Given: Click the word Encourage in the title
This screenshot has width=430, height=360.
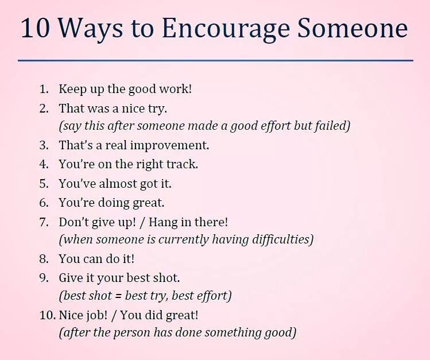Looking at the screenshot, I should point(212,29).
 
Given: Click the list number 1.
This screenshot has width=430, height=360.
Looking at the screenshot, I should point(44,90).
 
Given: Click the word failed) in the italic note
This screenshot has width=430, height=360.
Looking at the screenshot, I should point(332,126).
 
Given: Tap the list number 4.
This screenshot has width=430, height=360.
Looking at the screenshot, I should point(44,164).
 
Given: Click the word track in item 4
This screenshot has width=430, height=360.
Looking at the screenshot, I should point(182,164).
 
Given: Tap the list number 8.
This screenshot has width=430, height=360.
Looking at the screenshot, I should point(44,259).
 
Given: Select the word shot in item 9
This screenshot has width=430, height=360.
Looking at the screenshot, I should point(166,278).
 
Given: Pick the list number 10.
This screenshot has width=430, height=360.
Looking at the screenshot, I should point(47,315).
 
